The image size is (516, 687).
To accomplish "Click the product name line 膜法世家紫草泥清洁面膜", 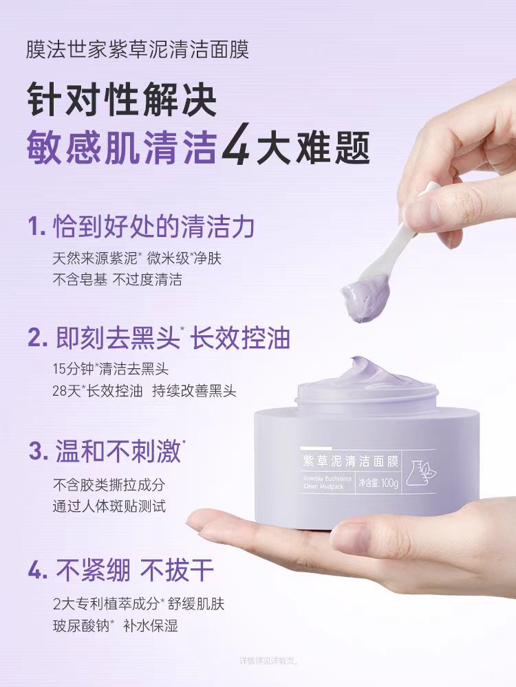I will [x=137, y=51].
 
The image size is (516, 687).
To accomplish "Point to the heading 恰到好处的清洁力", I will [x=142, y=226].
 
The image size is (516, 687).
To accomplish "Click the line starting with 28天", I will [x=144, y=391].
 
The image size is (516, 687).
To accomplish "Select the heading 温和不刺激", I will [x=107, y=451].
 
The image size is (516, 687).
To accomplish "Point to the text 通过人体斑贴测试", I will [x=109, y=506].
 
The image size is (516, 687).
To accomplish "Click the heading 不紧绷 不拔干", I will [x=121, y=570].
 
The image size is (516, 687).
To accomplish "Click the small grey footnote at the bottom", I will [x=269, y=661].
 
